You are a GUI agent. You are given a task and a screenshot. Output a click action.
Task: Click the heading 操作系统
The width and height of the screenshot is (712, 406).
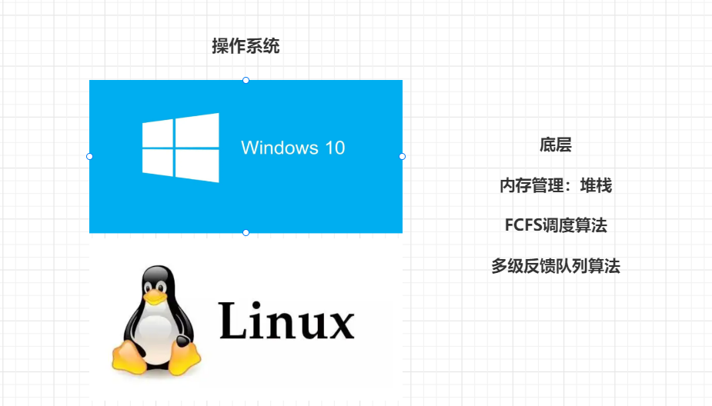coord(246,46)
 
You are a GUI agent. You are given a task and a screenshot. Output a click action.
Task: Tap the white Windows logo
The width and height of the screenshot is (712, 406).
coord(181,148)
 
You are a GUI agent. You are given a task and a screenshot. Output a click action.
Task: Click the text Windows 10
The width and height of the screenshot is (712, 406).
coord(292,148)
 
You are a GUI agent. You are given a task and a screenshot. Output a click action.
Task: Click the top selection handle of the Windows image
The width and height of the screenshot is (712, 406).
coord(246,80)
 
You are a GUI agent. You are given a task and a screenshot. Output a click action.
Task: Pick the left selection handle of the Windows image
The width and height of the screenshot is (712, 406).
coord(89,156)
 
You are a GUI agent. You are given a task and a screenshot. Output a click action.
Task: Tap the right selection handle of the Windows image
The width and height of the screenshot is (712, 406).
coord(402,156)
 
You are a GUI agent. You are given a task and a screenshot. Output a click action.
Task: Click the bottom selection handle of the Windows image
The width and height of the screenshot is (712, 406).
coord(246,232)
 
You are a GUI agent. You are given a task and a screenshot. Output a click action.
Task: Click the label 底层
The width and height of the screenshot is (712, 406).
coord(555,145)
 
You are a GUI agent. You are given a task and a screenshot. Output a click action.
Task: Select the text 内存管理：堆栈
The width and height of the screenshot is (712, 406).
coord(555,185)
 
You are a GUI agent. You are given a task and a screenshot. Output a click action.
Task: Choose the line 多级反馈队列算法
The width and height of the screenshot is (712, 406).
coord(555,267)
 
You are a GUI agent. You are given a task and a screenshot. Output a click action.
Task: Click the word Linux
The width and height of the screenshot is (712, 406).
coord(286,321)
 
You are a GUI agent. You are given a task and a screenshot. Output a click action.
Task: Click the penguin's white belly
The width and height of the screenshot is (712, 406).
coord(157,331)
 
